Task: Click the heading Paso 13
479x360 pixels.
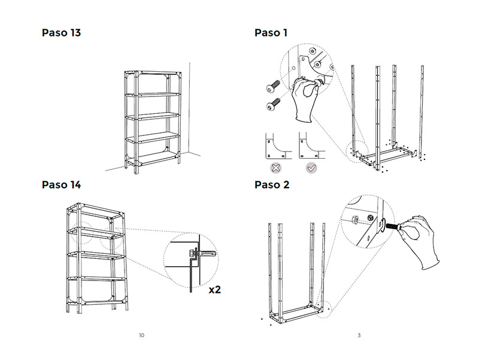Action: (61, 32)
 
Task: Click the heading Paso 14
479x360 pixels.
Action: (61, 184)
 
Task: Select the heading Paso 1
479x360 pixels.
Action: (271, 32)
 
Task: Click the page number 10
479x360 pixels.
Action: (141, 335)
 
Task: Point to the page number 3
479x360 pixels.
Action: (359, 335)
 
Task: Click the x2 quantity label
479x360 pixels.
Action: (215, 290)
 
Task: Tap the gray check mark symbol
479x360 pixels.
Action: (311, 168)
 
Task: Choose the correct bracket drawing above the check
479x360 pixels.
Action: (311, 146)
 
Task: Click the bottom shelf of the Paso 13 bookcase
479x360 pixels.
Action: (153, 156)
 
